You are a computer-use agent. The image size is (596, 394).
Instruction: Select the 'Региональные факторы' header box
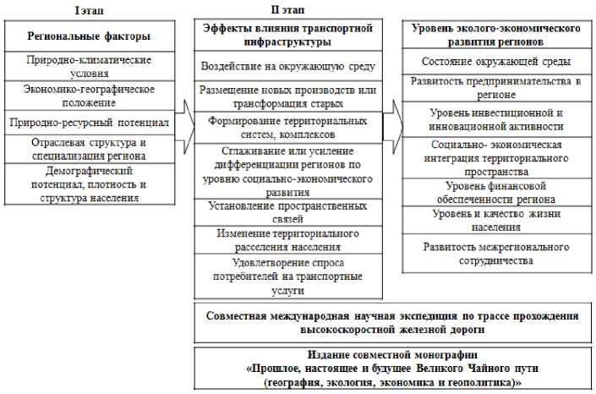[x=89, y=36]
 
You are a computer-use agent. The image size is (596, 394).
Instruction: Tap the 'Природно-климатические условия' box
[x=90, y=67]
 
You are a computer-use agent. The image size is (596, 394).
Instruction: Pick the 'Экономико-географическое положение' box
[x=89, y=94]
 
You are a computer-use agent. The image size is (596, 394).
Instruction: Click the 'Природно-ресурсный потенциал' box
[x=89, y=123]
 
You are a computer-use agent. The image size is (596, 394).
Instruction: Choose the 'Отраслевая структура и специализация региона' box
[x=89, y=149]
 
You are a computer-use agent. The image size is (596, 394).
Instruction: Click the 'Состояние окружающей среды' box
[x=495, y=62]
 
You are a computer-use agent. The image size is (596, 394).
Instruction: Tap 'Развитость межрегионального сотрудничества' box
[x=495, y=254]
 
